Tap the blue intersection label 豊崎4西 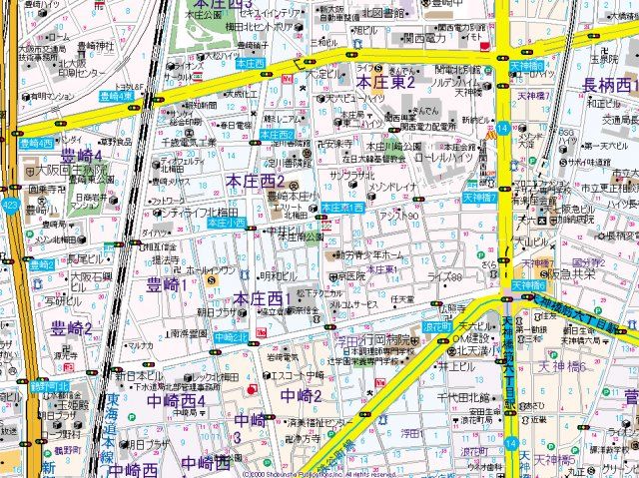click(x=36, y=143)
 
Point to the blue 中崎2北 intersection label click(x=232, y=337)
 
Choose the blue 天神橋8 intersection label click(x=527, y=285)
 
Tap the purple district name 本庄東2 click(x=385, y=82)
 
